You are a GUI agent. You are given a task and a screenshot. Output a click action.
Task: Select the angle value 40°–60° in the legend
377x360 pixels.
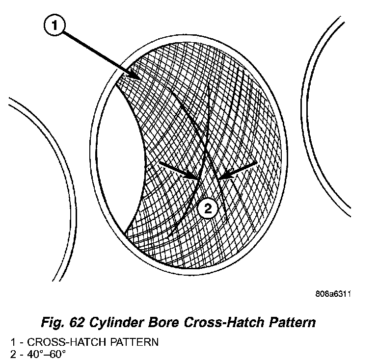click(43, 352)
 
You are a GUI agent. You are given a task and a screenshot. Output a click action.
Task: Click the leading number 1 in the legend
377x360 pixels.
click(13, 342)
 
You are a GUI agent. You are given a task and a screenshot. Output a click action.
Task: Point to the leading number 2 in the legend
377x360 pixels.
click(13, 352)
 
